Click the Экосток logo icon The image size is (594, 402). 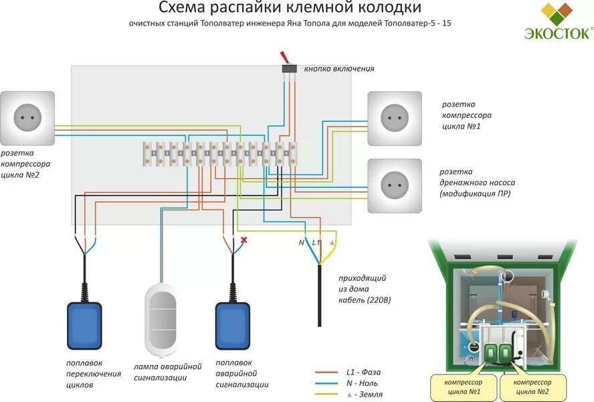pos(557,14)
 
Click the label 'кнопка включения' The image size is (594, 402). pos(338,68)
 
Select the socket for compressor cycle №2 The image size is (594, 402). pos(27,119)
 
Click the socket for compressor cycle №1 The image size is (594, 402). pos(395,119)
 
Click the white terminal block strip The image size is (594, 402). pos(221,153)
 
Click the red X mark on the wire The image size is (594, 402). pos(244,240)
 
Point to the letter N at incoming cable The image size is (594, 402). pos(301,242)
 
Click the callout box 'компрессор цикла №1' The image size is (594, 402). pos(464,387)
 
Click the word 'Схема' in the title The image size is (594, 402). pos(181,8)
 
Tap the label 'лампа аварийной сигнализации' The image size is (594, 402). pos(167,372)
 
